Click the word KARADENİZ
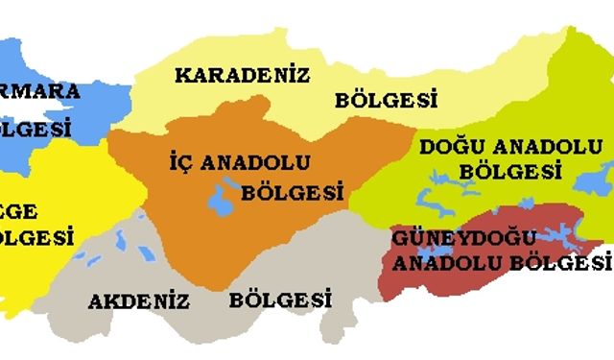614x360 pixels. coord(242,75)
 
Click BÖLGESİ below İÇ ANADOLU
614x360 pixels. coord(293,192)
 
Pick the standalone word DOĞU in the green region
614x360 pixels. coord(448,148)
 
